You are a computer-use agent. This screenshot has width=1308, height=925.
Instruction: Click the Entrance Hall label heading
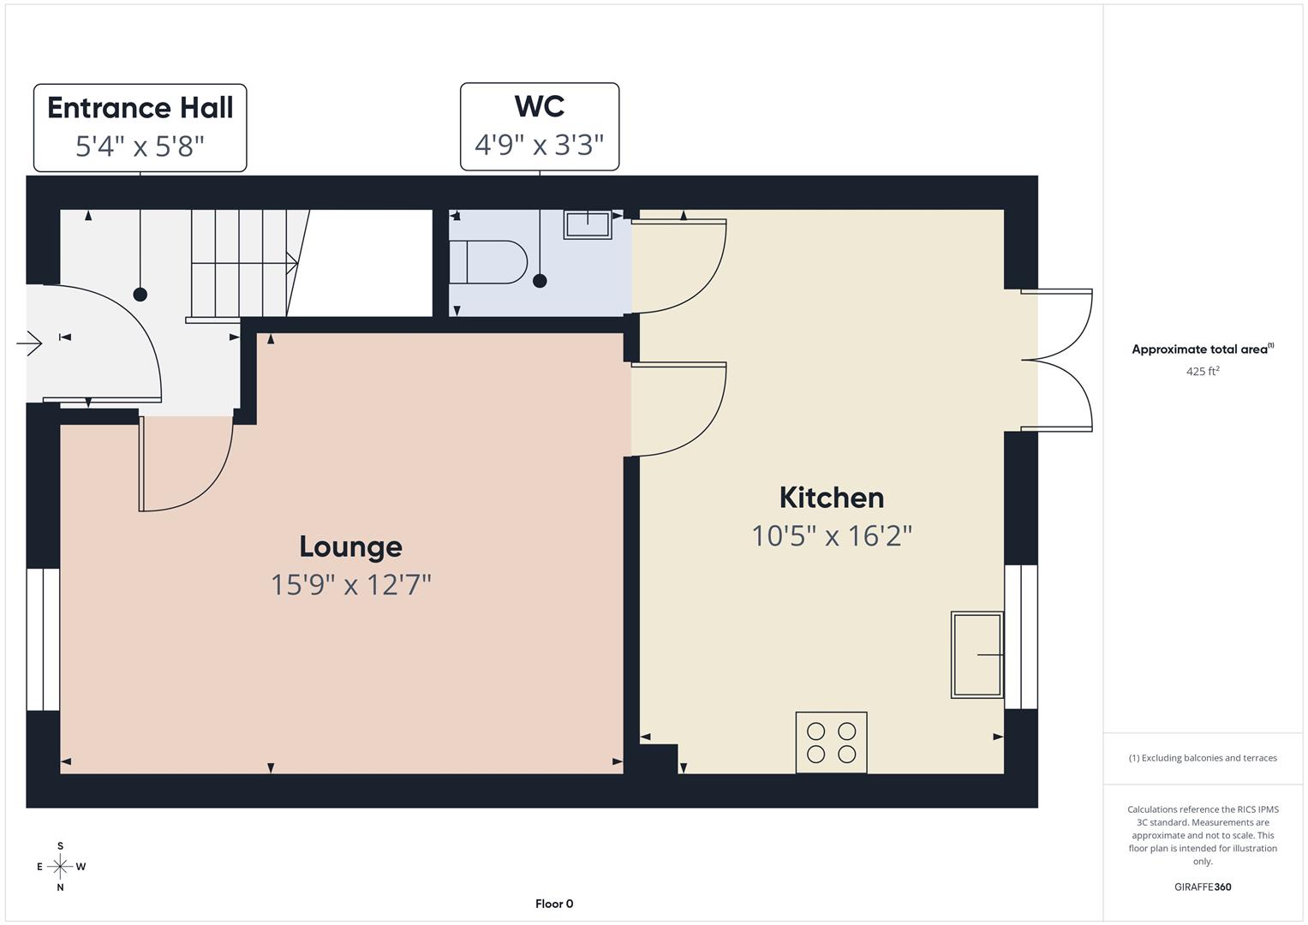click(x=140, y=108)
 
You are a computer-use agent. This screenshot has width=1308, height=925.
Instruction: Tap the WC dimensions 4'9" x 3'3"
click(x=540, y=145)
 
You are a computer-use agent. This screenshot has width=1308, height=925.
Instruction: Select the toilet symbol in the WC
click(x=488, y=262)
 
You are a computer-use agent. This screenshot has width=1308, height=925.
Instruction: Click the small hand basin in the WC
click(x=588, y=224)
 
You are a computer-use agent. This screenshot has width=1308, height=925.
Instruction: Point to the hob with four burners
click(x=831, y=743)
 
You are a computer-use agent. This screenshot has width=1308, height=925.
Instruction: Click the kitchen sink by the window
click(x=977, y=654)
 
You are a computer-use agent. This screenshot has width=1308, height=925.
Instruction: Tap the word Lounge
click(x=350, y=546)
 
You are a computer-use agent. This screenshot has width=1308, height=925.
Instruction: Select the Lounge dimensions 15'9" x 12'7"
click(x=350, y=585)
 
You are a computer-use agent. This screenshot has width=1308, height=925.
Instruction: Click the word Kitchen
click(x=831, y=498)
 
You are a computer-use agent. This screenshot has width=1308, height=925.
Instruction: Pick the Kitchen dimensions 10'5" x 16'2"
click(x=831, y=536)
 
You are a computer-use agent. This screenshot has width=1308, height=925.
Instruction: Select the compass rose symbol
click(x=60, y=867)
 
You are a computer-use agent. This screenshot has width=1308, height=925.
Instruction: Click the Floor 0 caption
click(x=554, y=904)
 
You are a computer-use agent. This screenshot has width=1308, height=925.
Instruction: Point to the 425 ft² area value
click(x=1203, y=371)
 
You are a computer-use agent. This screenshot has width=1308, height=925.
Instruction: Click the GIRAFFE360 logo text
click(x=1203, y=886)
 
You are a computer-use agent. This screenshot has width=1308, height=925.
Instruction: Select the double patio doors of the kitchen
click(x=1058, y=360)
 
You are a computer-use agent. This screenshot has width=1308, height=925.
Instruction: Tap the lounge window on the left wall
click(x=42, y=640)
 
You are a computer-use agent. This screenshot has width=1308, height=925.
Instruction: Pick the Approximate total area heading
click(x=1203, y=349)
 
